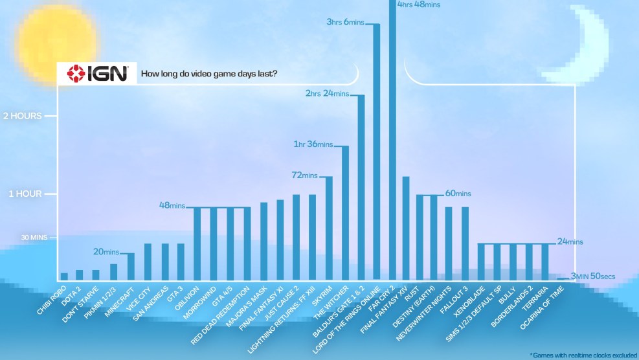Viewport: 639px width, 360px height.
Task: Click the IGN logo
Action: pos(97,73)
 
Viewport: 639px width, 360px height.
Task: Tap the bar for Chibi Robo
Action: pos(64,276)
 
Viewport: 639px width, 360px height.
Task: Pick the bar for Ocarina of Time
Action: pos(563,278)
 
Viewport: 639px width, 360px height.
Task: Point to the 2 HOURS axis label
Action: pos(22,116)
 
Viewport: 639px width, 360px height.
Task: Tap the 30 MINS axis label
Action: pos(35,238)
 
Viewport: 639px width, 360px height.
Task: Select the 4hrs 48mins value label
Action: pos(419,5)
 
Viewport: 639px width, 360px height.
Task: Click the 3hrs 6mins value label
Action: pos(346,22)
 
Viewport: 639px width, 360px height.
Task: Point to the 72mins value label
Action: pos(305,175)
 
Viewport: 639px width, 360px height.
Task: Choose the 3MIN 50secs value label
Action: pos(592,277)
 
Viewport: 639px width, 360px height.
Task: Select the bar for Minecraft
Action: pos(131,266)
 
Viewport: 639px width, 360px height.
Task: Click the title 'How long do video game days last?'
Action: pos(210,74)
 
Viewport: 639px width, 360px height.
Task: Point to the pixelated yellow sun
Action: pos(56,41)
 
